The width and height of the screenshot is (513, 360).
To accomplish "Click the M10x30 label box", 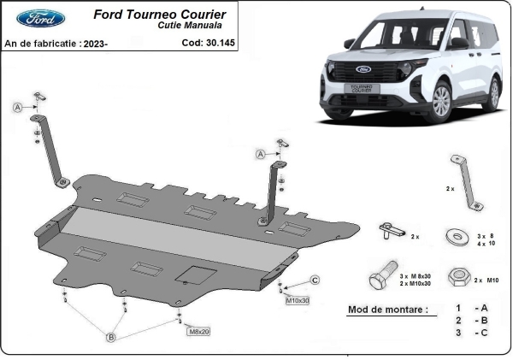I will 297,301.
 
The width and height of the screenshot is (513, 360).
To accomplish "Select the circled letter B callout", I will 110,339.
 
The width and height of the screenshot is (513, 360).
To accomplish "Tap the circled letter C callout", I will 315,280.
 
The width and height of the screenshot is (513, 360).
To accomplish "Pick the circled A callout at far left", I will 17,107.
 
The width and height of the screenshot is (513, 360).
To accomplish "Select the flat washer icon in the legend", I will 452,234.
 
